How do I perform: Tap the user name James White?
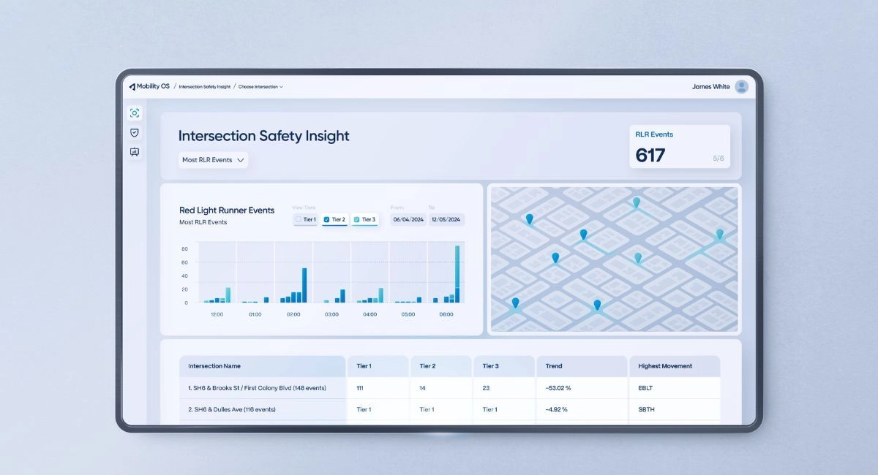(710, 86)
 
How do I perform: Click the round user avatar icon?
(742, 86)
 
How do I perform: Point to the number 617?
(650, 155)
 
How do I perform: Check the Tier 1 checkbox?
(299, 219)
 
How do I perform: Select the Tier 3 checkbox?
(356, 219)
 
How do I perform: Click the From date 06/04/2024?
(408, 219)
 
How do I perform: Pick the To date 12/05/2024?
(446, 219)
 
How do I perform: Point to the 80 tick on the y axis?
(184, 249)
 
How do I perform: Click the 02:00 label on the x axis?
(293, 314)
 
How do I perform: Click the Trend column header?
(554, 366)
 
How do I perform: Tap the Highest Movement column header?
(665, 366)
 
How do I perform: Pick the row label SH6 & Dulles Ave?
(232, 410)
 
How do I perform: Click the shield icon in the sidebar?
(134, 132)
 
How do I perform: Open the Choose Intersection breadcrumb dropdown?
(260, 87)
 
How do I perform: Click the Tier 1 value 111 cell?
(360, 388)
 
